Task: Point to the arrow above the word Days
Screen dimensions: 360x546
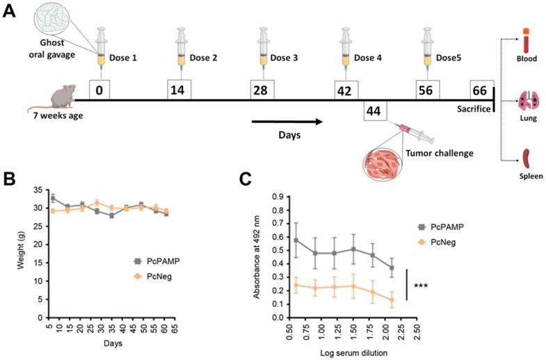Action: click(287, 122)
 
